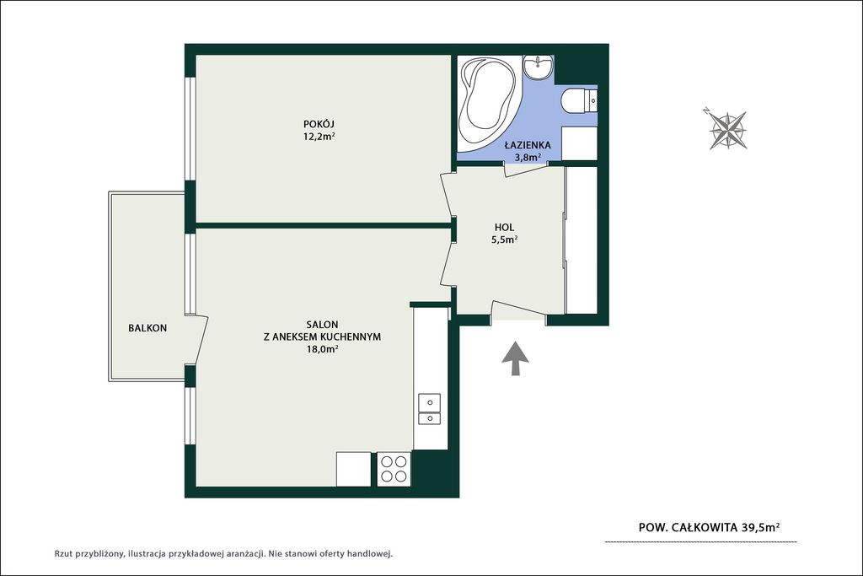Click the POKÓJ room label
tap(319, 123)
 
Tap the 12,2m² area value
tap(319, 136)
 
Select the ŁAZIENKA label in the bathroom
tap(528, 145)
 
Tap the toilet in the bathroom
tap(579, 101)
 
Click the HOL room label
tap(504, 227)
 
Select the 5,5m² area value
tap(504, 240)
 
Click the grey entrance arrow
tap(515, 358)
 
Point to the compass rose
tap(727, 130)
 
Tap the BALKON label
tap(147, 328)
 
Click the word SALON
tap(322, 325)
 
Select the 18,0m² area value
tap(323, 348)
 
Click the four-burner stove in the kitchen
tap(394, 469)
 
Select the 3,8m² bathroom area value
tap(528, 158)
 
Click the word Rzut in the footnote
tap(63, 554)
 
